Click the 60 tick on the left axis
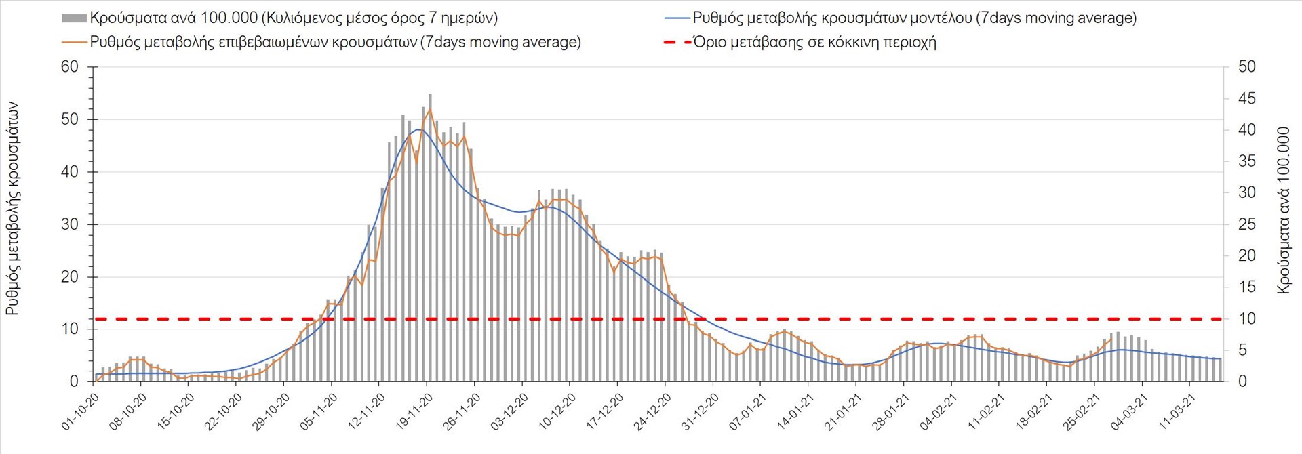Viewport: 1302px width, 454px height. [x=70, y=66]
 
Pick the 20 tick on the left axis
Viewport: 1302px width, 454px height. [x=70, y=276]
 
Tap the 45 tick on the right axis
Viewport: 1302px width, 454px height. [x=1246, y=98]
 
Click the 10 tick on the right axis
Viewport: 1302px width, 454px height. [x=1246, y=318]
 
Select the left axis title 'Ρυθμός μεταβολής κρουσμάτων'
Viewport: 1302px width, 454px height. [x=12, y=209]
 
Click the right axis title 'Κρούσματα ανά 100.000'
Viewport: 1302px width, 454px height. [x=1283, y=210]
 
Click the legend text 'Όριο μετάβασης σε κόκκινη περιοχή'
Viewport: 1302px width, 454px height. [x=814, y=42]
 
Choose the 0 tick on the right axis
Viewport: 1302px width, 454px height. [x=1242, y=381]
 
